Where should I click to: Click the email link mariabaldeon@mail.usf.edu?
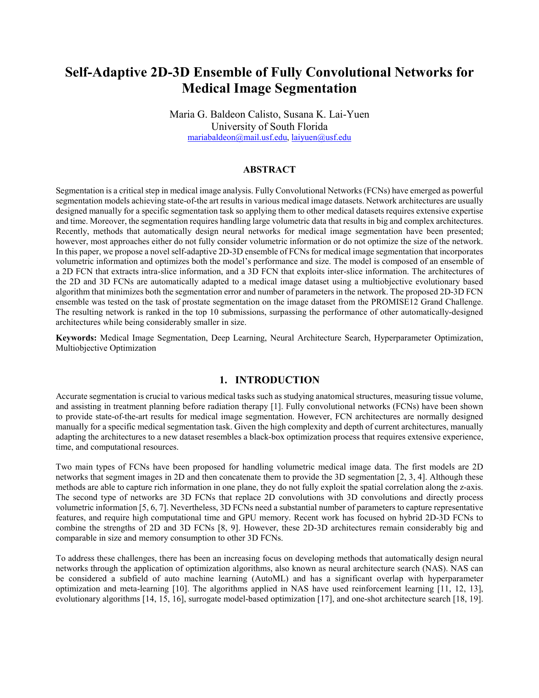coord(237,137)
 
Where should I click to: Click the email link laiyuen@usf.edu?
coord(321,137)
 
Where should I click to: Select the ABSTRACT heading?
coord(269,170)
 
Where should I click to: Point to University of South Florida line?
coord(269,126)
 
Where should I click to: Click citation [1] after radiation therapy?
coord(275,407)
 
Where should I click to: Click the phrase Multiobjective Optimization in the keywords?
coord(106,348)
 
